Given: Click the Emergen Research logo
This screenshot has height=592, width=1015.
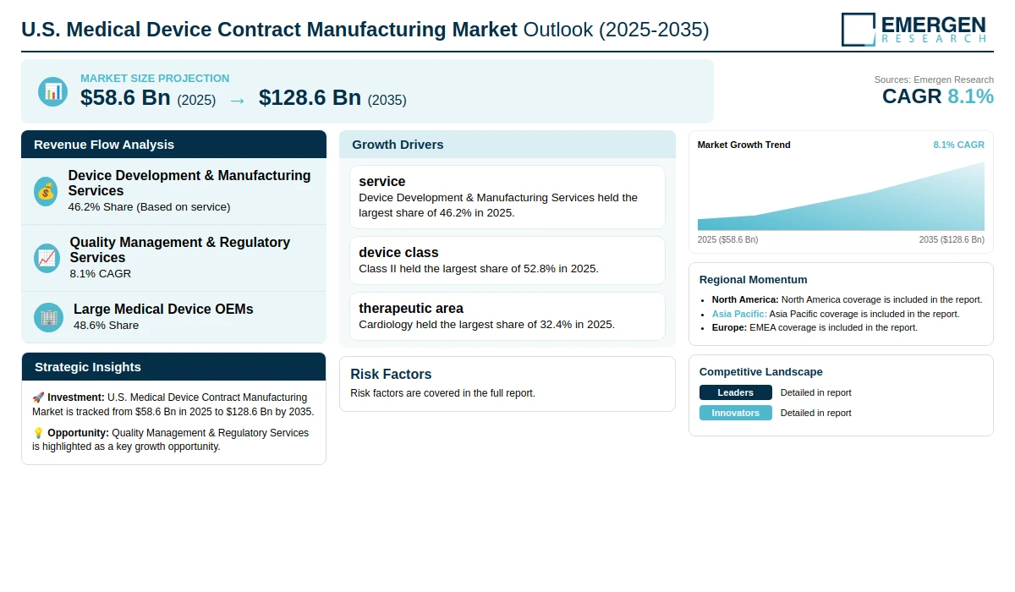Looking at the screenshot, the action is point(913,30).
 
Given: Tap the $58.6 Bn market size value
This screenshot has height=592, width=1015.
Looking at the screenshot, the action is point(125,98).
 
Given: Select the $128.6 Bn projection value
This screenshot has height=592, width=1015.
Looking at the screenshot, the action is point(310,98).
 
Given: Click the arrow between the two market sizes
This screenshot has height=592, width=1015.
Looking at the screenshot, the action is point(237,101).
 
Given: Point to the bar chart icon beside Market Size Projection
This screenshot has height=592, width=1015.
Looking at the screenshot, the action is point(52,91).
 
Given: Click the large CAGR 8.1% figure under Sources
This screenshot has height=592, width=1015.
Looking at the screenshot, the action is point(937,96).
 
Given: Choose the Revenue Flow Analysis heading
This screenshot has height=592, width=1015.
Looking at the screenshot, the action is point(104,145).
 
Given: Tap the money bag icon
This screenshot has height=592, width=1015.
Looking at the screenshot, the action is point(46,192).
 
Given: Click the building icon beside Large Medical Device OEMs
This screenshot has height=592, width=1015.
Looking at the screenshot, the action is point(48,317).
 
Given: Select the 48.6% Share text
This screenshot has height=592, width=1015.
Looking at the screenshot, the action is point(106,326).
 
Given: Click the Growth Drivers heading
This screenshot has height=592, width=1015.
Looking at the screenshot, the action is point(398,145).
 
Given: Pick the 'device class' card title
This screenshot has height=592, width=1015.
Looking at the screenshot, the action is point(398,252).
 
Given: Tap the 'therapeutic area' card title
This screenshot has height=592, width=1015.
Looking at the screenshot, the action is point(411,308).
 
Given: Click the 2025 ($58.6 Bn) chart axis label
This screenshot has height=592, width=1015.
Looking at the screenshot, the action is point(727,239).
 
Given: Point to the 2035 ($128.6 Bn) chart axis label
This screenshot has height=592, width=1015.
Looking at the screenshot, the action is point(952,239).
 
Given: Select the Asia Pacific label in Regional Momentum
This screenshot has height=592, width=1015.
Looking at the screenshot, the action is point(739,314).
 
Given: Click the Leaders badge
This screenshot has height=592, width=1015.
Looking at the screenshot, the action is point(735,392).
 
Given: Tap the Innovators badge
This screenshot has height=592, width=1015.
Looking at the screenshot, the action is point(735,413).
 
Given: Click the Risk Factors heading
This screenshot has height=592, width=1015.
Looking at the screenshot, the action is point(391,374).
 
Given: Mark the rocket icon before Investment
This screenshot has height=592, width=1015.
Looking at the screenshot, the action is point(38,397).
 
